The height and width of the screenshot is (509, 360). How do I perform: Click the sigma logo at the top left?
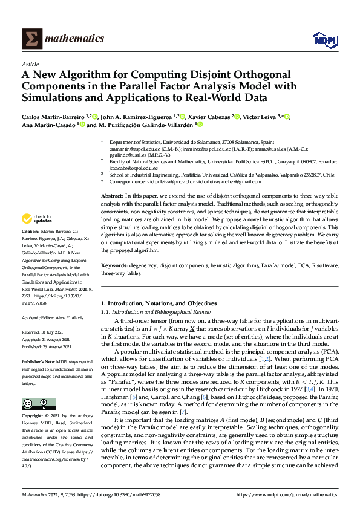point(31,39)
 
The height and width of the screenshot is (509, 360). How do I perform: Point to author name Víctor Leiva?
point(261,117)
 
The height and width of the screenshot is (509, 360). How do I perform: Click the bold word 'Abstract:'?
point(113,197)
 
